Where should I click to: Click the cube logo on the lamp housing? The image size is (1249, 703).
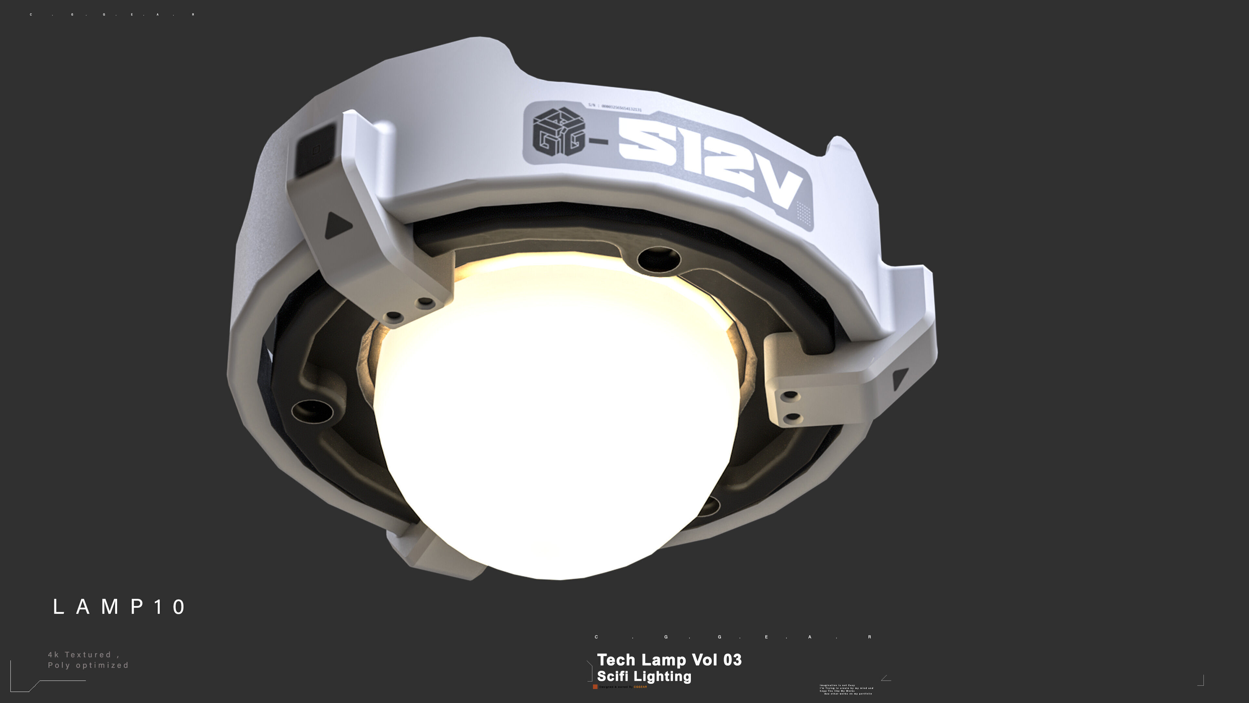558,132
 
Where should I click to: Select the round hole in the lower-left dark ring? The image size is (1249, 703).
312,411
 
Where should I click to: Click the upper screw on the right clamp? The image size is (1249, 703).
790,395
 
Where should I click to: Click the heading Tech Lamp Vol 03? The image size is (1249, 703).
669,660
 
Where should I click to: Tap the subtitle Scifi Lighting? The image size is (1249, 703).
644,676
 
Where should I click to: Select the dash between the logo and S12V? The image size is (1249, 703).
598,142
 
